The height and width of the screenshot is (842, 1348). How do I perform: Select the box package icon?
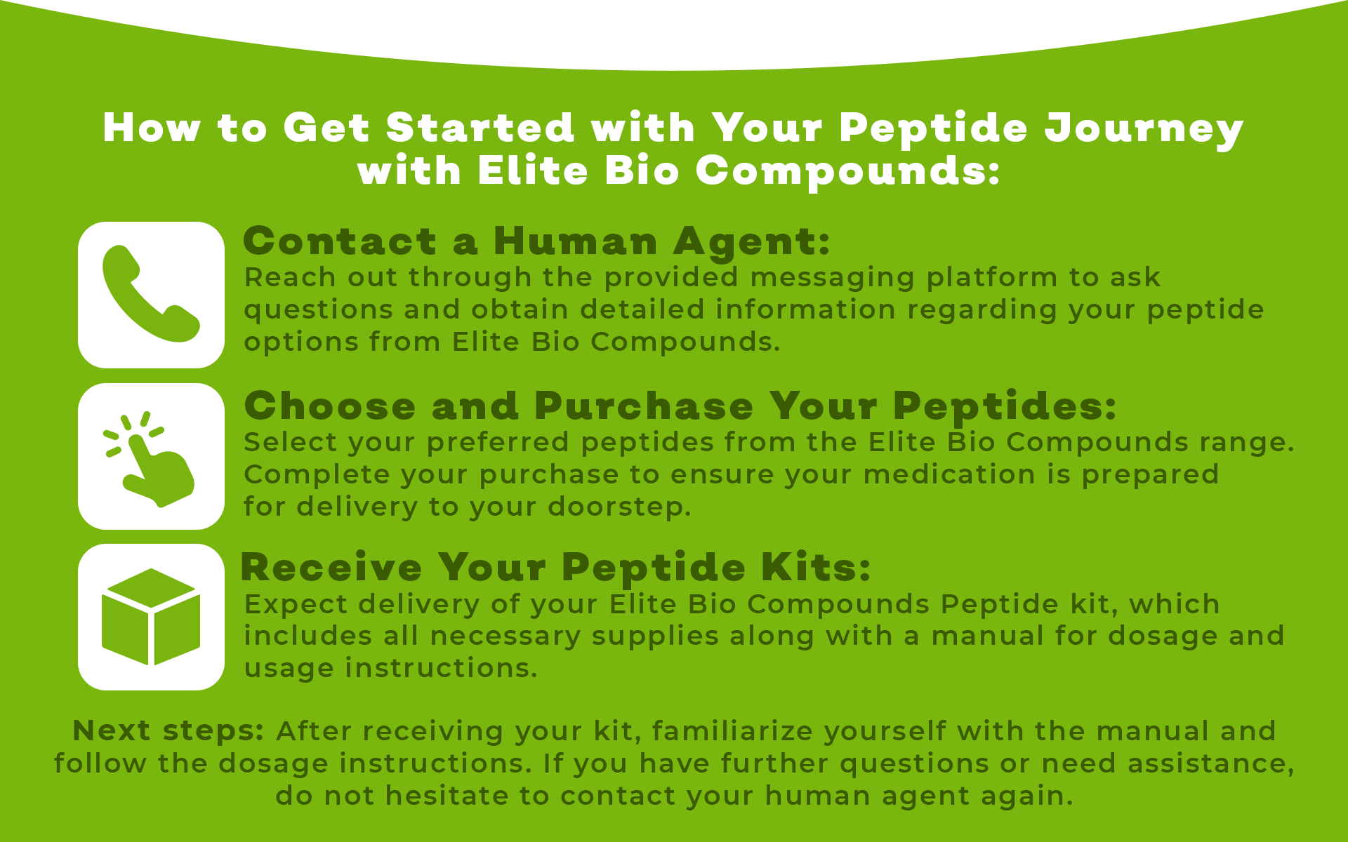151,617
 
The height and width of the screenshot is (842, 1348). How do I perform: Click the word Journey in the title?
1144,130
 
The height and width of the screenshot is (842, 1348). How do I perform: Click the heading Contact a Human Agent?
536,241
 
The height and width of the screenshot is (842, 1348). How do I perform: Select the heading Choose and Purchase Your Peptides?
680,406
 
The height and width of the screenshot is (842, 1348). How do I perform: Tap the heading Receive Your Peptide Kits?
555,567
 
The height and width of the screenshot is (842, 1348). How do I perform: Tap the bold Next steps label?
168,732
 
